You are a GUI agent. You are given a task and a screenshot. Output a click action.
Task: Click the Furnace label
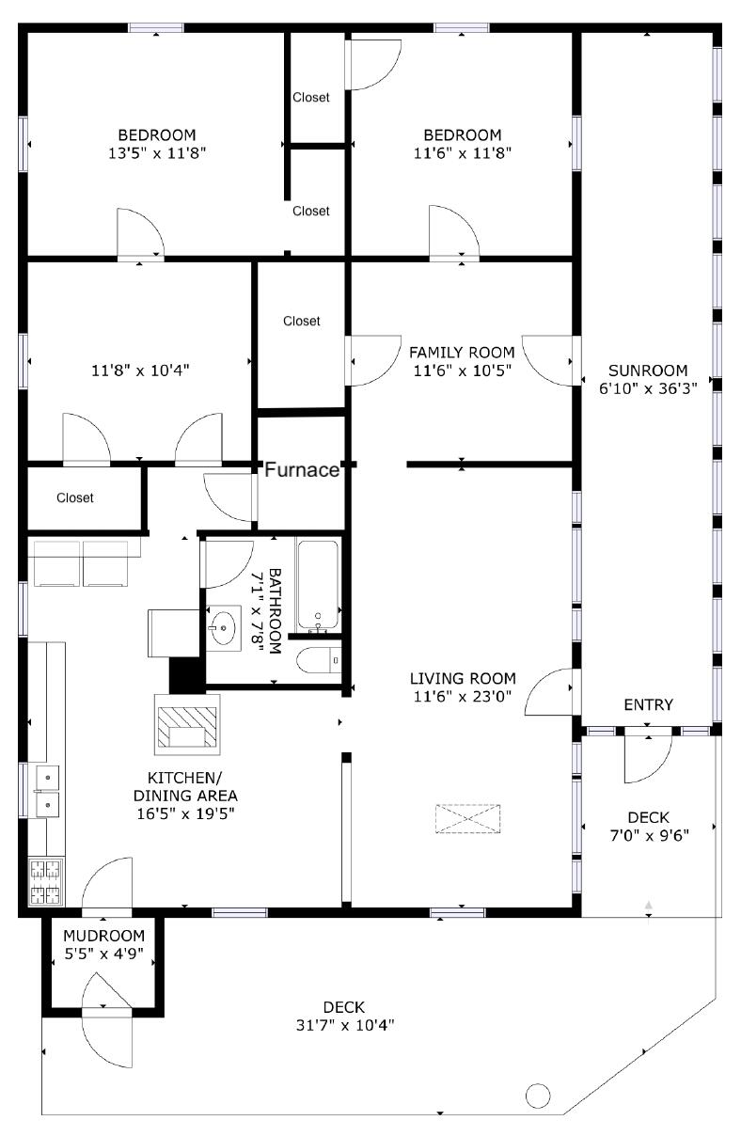coord(301,470)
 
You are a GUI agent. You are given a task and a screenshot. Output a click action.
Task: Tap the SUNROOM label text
coord(647,371)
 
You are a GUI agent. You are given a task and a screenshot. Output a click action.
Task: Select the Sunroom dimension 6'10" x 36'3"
coord(647,388)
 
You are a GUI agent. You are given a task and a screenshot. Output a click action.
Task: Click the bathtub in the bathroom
coord(318,586)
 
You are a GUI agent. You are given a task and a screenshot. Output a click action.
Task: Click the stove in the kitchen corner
coord(43,881)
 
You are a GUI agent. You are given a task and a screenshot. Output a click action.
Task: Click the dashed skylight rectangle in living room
coord(467,818)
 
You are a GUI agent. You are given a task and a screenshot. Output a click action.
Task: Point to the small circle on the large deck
coord(537,1096)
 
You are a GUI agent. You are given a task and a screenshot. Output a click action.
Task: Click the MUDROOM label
coord(103,936)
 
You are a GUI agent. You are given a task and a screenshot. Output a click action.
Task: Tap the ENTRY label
coord(648,705)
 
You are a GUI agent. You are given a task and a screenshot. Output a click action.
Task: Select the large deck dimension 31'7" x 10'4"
coord(344,1025)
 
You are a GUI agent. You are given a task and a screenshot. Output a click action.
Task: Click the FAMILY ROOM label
coord(462,352)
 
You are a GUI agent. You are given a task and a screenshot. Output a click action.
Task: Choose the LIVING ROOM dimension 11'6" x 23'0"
coord(462,697)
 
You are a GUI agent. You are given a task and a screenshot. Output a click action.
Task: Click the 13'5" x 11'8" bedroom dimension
coord(157,152)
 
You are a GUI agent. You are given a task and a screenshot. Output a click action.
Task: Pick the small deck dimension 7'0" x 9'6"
coord(649,836)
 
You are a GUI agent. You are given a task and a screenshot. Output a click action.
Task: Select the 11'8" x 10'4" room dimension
coord(140,371)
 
